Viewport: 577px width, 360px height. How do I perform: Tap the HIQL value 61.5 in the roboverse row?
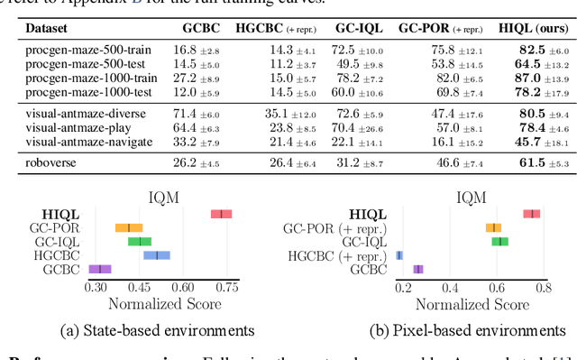tap(518, 162)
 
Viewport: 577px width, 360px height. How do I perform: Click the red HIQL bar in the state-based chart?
tap(221, 214)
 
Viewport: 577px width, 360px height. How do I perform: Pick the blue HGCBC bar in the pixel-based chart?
tap(399, 255)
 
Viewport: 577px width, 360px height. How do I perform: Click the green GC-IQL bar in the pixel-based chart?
tap(499, 242)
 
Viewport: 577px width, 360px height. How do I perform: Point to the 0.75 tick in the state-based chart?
tap(226, 287)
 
